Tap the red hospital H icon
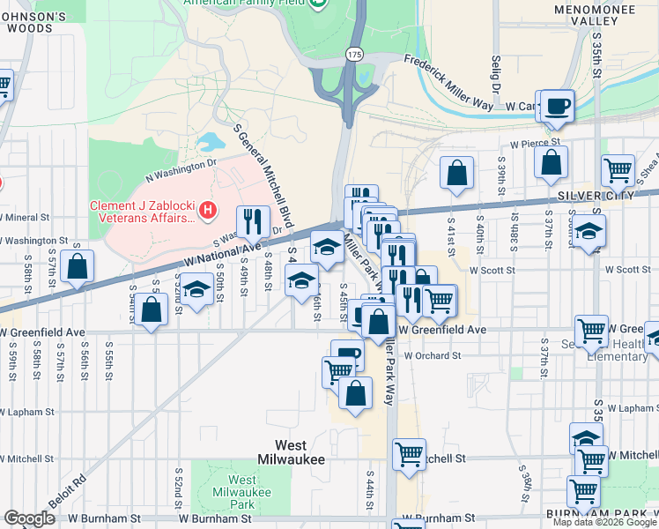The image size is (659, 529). (207, 209)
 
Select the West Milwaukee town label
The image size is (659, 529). (290, 452)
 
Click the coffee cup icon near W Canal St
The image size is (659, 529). (557, 107)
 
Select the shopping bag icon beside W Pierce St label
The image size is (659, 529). (550, 160)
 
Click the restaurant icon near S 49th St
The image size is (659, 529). (253, 220)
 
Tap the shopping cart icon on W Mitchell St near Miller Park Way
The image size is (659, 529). (409, 454)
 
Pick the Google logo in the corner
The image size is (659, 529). (29, 518)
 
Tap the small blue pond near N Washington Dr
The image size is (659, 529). (211, 141)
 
